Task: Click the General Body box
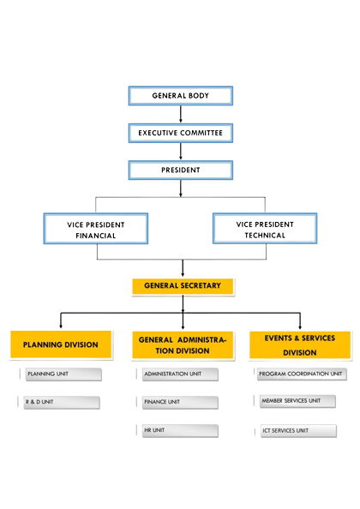[181, 96]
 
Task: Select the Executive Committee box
[181, 133]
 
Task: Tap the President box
[181, 171]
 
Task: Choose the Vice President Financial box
[96, 229]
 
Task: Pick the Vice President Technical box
[265, 228]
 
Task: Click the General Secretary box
[183, 286]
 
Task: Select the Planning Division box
[61, 344]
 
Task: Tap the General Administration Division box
[183, 345]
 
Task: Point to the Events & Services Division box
[300, 345]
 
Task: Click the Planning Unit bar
[63, 374]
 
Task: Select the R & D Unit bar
[62, 402]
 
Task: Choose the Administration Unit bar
[180, 374]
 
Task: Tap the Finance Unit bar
[180, 402]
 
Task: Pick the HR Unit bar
[180, 430]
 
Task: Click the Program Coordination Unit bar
[302, 374]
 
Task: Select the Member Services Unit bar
[297, 401]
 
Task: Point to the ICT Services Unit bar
[298, 431]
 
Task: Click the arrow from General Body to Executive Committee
[181, 114]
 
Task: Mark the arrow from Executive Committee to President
[181, 152]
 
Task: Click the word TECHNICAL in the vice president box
[265, 236]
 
